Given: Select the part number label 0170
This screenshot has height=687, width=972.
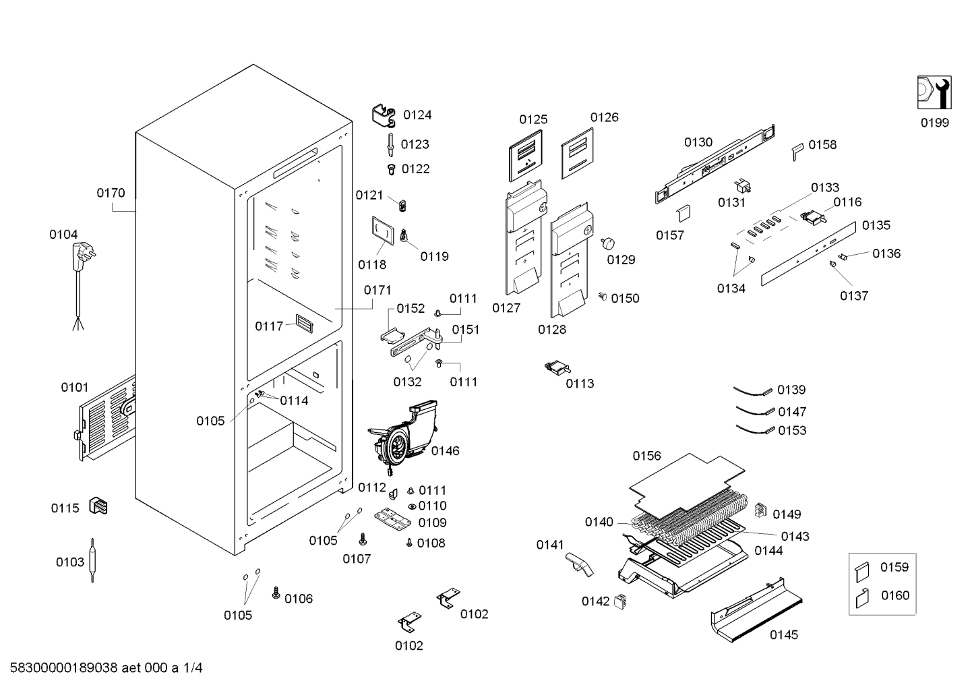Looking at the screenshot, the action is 111,193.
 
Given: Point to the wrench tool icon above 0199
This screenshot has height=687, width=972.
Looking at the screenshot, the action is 934,92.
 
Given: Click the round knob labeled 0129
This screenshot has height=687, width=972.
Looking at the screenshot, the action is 608,243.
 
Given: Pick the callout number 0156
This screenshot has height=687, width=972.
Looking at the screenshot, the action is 646,456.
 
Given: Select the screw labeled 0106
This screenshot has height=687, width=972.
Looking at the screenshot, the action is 276,593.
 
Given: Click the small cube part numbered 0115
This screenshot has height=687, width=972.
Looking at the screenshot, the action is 98,506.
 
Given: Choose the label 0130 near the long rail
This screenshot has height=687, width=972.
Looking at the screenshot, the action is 698,142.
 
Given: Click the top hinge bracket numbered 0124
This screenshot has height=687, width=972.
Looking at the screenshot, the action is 384,115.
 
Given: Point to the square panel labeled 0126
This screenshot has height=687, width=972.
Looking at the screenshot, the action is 577,153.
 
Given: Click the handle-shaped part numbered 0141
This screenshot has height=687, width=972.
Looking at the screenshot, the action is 579,564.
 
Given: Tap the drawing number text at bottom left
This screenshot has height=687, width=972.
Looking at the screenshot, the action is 106,668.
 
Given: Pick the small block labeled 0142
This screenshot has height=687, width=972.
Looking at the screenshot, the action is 621,601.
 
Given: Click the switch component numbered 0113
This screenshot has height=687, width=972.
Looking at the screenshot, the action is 557,367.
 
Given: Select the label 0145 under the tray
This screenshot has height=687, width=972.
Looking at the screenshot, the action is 784,635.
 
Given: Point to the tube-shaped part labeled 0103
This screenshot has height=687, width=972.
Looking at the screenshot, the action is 92,560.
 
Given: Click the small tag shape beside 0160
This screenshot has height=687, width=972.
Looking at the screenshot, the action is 862,598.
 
